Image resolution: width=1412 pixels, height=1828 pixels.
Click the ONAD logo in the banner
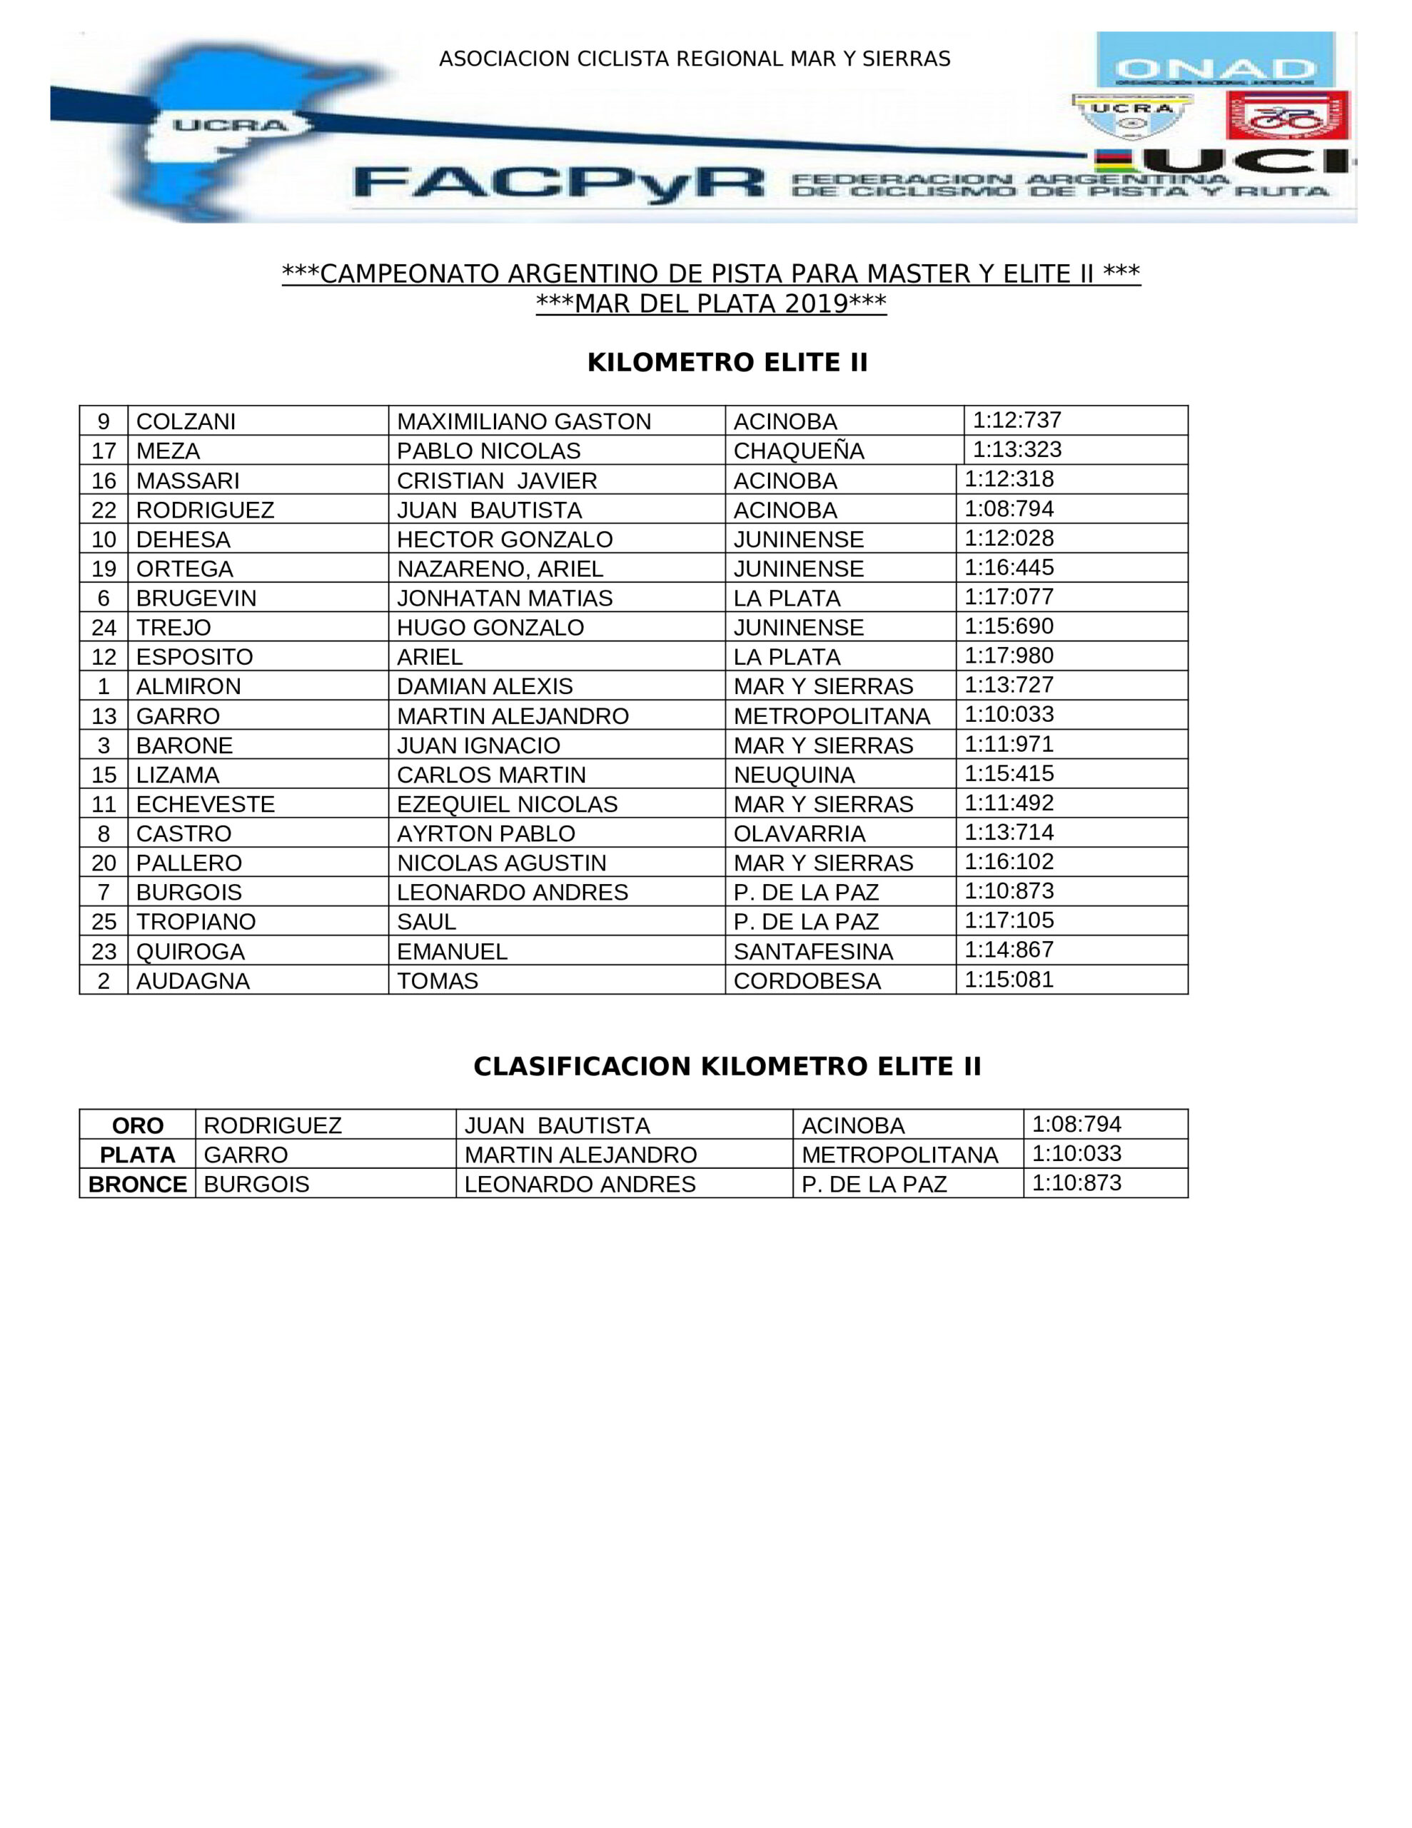pyautogui.click(x=1214, y=60)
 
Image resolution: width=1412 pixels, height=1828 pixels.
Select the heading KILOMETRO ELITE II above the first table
pyautogui.click(x=727, y=363)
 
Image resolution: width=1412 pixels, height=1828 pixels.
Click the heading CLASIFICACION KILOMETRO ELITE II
pyautogui.click(x=727, y=1066)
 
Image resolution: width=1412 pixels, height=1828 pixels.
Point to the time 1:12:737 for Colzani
pyautogui.click(x=1016, y=420)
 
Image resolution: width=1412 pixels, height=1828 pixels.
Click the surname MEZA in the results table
pyautogui.click(x=168, y=451)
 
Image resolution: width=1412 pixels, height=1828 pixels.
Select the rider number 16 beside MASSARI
pyautogui.click(x=104, y=481)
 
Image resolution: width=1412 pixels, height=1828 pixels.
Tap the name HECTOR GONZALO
pyautogui.click(x=505, y=539)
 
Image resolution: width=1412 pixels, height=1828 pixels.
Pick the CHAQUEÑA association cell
pyautogui.click(x=799, y=451)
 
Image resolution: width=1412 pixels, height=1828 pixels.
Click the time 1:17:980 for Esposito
pyautogui.click(x=1009, y=656)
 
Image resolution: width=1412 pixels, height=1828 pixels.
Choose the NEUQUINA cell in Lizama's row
pyautogui.click(x=795, y=774)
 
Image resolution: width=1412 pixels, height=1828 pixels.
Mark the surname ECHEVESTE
pyautogui.click(x=205, y=804)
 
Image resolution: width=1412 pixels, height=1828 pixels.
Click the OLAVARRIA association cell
pyautogui.click(x=800, y=833)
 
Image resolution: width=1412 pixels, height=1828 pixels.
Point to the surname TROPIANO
pyautogui.click(x=196, y=922)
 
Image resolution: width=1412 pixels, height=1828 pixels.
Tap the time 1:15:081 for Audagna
pyautogui.click(x=1009, y=979)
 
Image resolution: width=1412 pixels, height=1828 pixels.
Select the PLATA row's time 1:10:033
pyautogui.click(x=1076, y=1153)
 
